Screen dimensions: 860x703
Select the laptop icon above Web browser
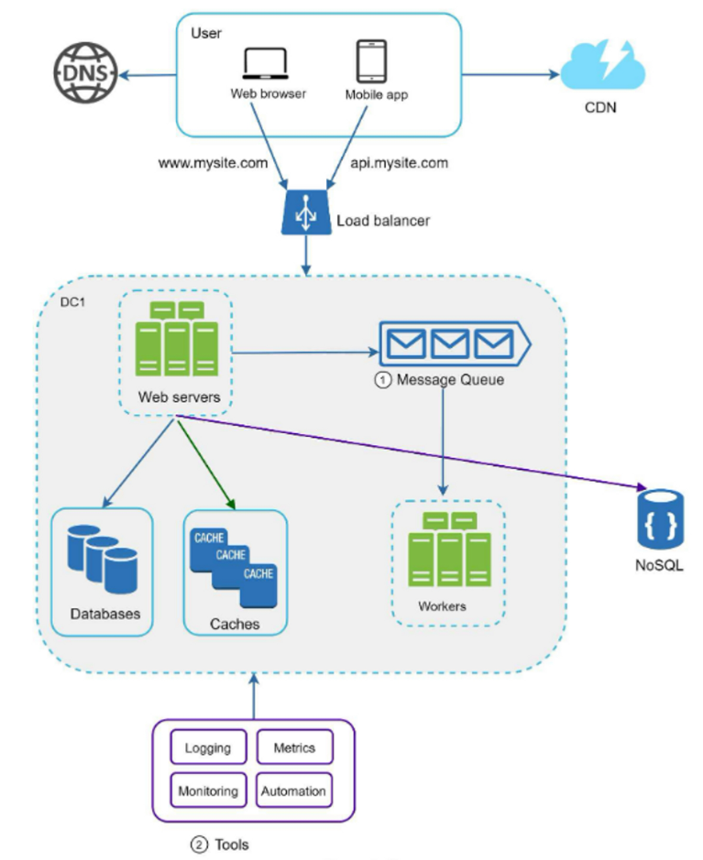point(267,64)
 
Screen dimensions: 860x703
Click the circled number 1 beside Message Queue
point(383,379)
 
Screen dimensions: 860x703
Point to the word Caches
point(235,624)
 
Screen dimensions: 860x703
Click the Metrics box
point(294,747)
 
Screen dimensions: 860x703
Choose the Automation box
point(294,790)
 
